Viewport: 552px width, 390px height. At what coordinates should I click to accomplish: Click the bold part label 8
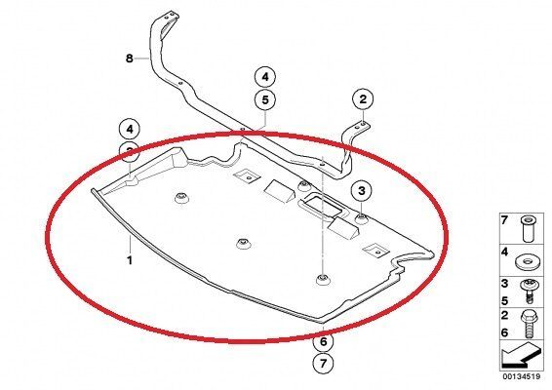pos(129,58)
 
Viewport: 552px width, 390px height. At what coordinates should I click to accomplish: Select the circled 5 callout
pos(265,99)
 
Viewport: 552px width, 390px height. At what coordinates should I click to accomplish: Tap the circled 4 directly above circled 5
pos(265,76)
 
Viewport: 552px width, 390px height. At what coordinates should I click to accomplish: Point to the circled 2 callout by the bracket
pos(362,98)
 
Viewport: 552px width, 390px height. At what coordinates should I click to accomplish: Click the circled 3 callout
pos(362,189)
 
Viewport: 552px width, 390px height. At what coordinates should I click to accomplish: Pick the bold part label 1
pos(128,259)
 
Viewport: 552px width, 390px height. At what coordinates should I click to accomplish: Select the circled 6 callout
pos(321,342)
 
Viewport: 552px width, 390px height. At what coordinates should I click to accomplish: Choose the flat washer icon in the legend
pos(528,261)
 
